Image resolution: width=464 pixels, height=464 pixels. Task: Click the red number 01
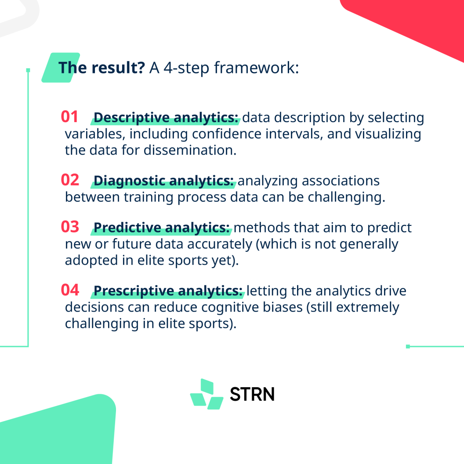coord(69,116)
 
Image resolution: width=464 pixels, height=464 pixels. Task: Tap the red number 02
coord(70,180)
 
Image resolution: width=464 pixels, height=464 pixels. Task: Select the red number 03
coord(70,227)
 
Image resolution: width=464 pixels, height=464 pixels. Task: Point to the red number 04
coord(70,290)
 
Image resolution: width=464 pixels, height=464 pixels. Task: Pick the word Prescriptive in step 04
coord(134,291)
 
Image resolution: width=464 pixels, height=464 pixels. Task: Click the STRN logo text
coord(252,394)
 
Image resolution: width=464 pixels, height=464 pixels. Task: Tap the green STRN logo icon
coord(207,394)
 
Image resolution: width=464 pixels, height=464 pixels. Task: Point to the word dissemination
coord(190,150)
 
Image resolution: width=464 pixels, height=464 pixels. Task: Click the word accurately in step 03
coord(220,244)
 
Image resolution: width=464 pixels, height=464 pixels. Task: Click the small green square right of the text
coord(408,347)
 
